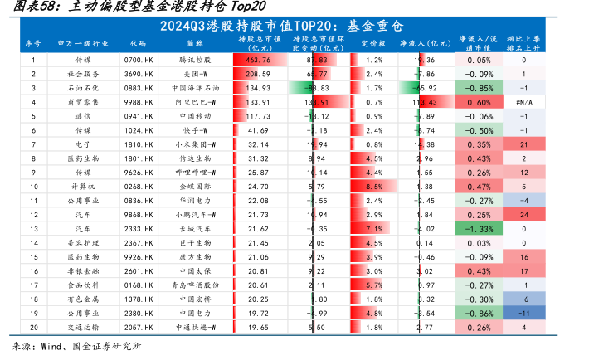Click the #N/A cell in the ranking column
click(523, 101)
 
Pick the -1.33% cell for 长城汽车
click(479, 228)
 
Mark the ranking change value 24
click(523, 215)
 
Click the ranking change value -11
click(523, 314)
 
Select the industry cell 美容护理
click(83, 242)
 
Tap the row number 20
click(33, 328)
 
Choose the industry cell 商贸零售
click(83, 101)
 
